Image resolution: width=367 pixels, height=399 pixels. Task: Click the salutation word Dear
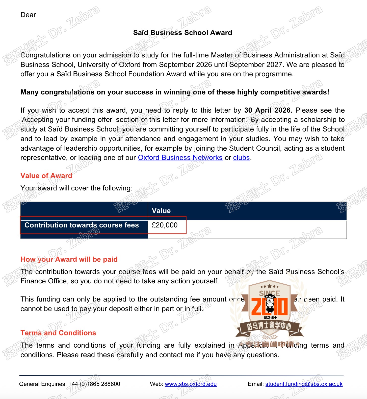[x=28, y=15]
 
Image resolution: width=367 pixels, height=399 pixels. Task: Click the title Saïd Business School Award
[x=182, y=33]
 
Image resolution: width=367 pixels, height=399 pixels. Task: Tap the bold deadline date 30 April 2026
[x=268, y=110]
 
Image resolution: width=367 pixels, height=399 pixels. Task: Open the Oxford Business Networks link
[x=180, y=158]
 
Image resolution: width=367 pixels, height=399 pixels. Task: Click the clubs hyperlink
[x=241, y=158]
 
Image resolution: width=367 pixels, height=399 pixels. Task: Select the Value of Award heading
[x=46, y=176]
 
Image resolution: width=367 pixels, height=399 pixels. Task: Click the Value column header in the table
[x=161, y=211]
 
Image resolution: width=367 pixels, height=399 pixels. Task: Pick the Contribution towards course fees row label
[x=82, y=225]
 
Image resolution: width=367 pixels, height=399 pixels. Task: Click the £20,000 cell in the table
[x=165, y=225]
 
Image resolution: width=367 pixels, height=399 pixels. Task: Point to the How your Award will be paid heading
[x=69, y=259]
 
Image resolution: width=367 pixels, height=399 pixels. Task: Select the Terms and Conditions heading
[x=58, y=333]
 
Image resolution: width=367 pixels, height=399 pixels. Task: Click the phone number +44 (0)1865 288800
[x=94, y=384]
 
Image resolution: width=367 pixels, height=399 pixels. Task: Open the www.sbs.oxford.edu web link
[x=191, y=384]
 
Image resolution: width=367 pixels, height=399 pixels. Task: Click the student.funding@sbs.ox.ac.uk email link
[x=304, y=384]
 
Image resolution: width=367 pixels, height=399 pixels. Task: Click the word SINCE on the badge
[x=269, y=293]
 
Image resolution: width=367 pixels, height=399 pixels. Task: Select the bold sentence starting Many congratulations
[x=175, y=92]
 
